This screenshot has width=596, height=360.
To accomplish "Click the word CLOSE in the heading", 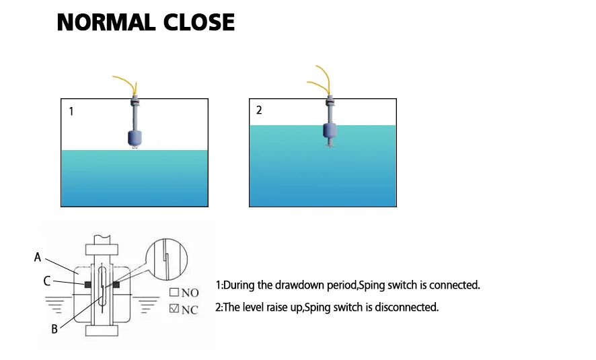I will pyautogui.click(x=199, y=22).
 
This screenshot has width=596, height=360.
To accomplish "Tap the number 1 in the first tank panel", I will pyautogui.click(x=71, y=112).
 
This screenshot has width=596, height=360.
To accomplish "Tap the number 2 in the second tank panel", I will pyautogui.click(x=259, y=110).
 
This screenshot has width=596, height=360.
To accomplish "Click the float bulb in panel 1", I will pyautogui.click(x=135, y=137).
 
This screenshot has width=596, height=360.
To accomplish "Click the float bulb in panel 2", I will pyautogui.click(x=330, y=130).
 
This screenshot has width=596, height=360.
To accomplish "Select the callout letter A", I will pyautogui.click(x=38, y=257).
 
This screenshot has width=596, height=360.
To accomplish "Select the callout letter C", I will pyautogui.click(x=47, y=281).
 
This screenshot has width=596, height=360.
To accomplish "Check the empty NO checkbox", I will pyautogui.click(x=174, y=293).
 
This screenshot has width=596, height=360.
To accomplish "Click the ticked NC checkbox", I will pyautogui.click(x=174, y=309).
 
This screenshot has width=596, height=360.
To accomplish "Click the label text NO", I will pyautogui.click(x=190, y=293).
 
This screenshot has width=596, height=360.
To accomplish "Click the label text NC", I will pyautogui.click(x=190, y=310).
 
